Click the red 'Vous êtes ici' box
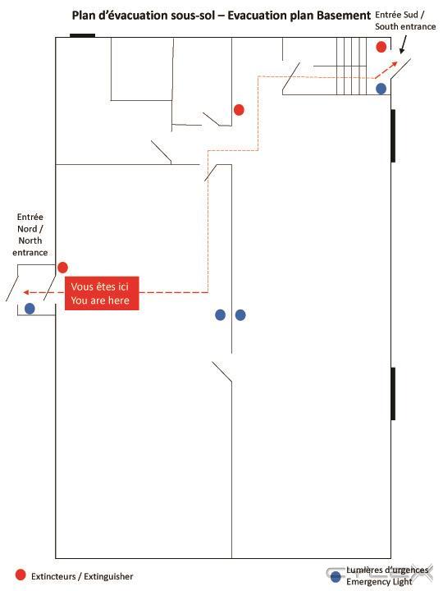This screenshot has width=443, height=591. tap(102, 293)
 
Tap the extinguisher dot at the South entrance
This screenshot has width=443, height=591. tap(381, 47)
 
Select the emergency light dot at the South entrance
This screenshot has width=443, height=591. tap(381, 89)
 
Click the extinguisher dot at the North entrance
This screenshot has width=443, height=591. tap(62, 268)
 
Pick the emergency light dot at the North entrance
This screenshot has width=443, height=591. tap(30, 309)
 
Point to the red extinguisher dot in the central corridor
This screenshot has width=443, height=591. tap(239, 110)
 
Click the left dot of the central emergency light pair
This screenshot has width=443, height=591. tap(221, 314)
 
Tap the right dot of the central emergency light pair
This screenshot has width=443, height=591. tap(240, 314)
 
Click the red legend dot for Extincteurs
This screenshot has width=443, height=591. tap(21, 575)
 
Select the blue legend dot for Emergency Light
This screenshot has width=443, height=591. tap(336, 576)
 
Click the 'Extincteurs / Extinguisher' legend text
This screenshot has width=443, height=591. tap(82, 577)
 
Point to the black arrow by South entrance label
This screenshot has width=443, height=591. tap(403, 44)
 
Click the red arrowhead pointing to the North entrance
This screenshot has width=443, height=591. tap(26, 292)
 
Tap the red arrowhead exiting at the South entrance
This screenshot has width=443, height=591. tap(394, 64)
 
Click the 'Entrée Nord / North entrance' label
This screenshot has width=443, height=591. tap(30, 235)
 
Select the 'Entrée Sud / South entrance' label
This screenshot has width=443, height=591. tap(405, 21)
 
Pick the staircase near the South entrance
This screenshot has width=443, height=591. tap(351, 66)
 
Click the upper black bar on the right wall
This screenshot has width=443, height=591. tap(393, 136)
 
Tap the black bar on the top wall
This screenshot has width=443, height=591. tap(83, 35)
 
